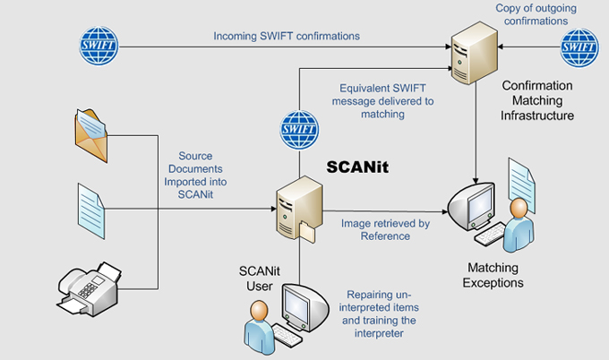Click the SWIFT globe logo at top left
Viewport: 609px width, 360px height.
(99, 41)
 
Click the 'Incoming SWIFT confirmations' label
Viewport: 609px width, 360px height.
(287, 37)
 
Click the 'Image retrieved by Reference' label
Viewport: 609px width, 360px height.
(386, 229)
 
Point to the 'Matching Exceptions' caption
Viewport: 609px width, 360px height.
(493, 275)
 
